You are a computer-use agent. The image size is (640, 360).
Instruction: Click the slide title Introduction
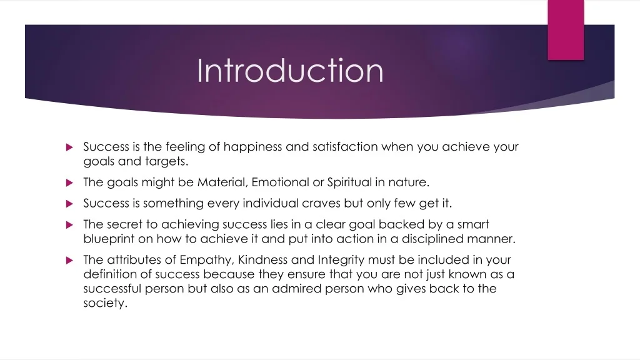tap(290, 71)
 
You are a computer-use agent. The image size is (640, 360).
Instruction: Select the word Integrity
tap(341, 259)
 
